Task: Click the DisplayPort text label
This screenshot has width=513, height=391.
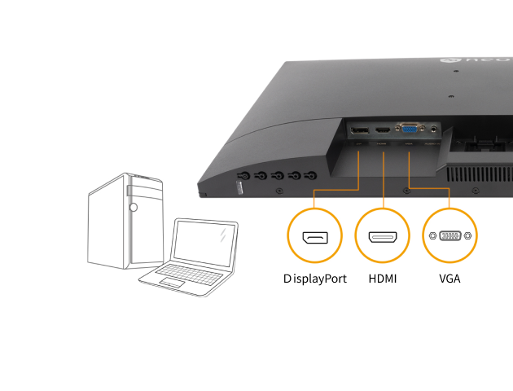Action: [x=315, y=279]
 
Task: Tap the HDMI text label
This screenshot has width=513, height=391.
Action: [x=383, y=279]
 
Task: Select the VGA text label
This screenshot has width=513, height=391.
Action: [x=449, y=279]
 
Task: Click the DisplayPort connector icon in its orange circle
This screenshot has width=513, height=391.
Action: [x=315, y=237]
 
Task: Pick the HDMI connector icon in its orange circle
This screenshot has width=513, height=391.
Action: [x=383, y=237]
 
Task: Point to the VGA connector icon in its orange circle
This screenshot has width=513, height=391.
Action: [x=449, y=236]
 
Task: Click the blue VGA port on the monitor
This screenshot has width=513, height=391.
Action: [x=407, y=128]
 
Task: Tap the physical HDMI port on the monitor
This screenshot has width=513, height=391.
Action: [x=383, y=129]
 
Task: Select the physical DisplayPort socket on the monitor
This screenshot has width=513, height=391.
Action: [x=359, y=130]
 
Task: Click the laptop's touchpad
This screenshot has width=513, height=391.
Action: [x=171, y=282]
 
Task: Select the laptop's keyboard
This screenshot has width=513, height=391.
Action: [x=188, y=271]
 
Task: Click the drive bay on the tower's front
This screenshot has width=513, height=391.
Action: [x=129, y=191]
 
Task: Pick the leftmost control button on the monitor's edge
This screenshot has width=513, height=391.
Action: [x=243, y=176]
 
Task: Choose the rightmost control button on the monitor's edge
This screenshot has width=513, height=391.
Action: [x=311, y=174]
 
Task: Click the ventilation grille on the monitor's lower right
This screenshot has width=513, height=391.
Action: [x=480, y=174]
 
